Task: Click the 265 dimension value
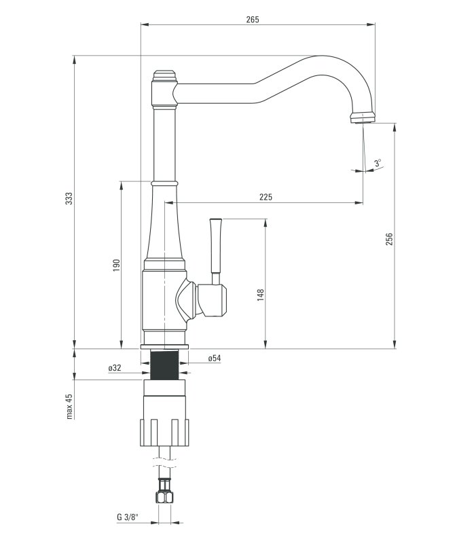tap(253, 19)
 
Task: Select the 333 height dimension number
tap(69, 198)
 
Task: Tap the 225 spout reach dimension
tap(266, 197)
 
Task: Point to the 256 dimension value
tap(389, 240)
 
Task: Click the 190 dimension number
tap(116, 264)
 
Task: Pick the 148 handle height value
tap(260, 295)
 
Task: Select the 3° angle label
tap(378, 162)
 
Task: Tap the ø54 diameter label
tap(215, 358)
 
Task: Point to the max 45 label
tap(69, 406)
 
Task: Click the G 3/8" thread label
tap(127, 517)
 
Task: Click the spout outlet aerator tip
tap(362, 118)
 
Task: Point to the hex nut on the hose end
tap(164, 496)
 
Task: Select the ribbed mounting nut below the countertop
tap(164, 432)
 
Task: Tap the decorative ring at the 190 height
tap(164, 182)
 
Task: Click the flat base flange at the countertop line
tap(164, 346)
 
